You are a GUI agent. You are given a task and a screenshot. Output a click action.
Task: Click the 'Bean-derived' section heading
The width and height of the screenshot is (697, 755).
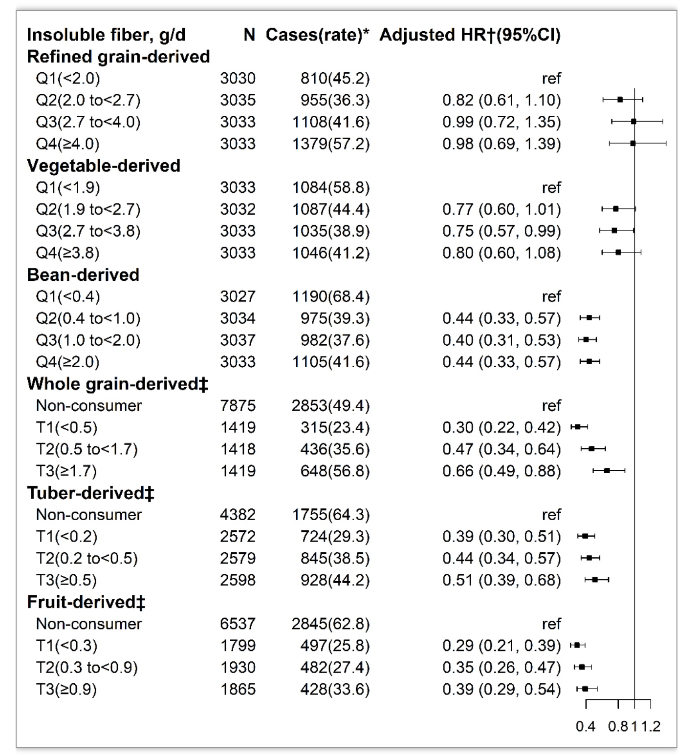83,275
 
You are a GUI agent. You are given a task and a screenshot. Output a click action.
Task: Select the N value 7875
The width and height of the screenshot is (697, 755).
238,405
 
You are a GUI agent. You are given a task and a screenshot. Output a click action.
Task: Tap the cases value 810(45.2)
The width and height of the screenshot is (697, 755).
335,79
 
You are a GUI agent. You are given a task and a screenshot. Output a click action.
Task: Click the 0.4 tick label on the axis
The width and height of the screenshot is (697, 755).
586,726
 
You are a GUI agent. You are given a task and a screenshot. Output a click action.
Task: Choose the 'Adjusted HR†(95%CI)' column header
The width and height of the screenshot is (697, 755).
470,35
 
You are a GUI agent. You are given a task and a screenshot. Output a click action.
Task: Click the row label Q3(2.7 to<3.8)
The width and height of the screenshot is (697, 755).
88,231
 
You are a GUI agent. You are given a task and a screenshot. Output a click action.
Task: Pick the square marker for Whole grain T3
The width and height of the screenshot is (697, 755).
607,471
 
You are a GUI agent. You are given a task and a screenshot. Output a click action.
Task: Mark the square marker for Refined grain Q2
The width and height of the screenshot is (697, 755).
620,100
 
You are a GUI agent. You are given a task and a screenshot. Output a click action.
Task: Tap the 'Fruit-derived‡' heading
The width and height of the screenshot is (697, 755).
86,602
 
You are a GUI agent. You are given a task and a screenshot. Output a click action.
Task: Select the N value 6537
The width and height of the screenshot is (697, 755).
238,624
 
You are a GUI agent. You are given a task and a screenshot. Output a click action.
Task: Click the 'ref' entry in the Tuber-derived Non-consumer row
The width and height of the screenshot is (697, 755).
551,515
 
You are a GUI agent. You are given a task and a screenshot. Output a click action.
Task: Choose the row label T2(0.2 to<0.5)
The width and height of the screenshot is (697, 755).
87,558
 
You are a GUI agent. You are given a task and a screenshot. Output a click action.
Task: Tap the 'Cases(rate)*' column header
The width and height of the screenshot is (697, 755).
317,35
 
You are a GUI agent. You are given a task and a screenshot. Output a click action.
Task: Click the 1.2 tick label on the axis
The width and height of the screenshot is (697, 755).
651,726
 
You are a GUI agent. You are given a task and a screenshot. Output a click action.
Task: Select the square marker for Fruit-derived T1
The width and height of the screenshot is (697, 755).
577,645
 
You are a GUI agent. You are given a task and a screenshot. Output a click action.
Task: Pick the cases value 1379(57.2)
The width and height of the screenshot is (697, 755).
331,144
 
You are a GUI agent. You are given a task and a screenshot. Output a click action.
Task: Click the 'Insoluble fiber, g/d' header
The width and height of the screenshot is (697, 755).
106,35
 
